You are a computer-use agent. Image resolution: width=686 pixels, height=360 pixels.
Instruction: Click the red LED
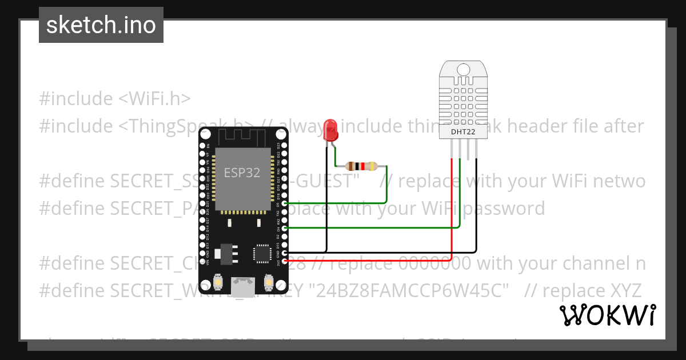(330, 130)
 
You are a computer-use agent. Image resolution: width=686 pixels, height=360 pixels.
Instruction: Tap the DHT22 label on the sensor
(463, 132)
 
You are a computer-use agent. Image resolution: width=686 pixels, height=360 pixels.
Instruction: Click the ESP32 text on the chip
(242, 173)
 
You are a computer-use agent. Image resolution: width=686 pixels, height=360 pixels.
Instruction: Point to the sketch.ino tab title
(101, 25)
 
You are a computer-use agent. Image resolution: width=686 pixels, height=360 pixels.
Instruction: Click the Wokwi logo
(608, 315)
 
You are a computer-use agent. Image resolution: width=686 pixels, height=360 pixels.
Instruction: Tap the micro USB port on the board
(243, 287)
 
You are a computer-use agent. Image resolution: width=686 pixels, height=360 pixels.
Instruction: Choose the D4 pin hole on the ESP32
(285, 228)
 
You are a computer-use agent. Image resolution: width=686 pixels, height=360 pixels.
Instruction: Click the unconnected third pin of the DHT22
(468, 150)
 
